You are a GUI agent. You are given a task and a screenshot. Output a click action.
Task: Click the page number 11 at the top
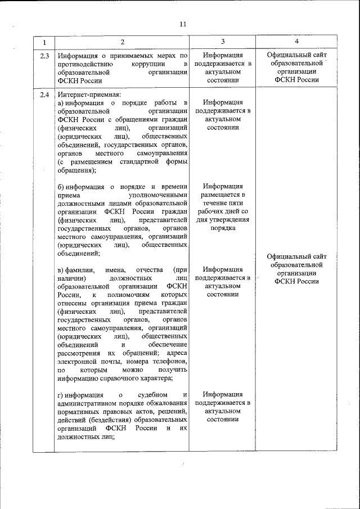[x=182, y=24]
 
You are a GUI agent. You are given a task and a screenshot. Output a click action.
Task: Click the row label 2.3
[x=44, y=56]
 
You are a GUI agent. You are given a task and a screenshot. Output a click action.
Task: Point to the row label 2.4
[x=44, y=94]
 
